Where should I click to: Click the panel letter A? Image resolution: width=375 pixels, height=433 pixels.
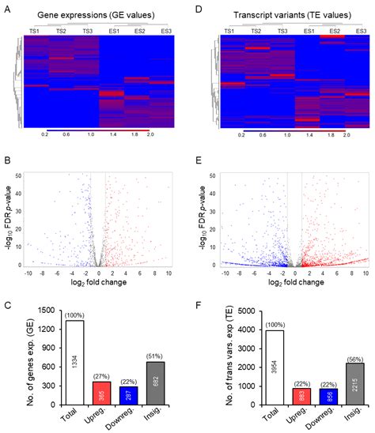click(x=8, y=10)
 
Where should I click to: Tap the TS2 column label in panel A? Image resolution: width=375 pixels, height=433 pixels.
click(x=61, y=30)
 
